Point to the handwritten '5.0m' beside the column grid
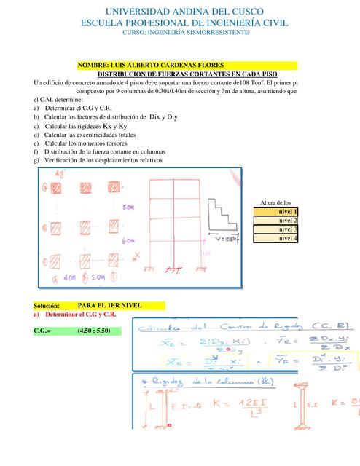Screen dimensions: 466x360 pyautogui.click(x=128, y=207)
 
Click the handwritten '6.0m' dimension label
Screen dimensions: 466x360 pyautogui.click(x=129, y=240)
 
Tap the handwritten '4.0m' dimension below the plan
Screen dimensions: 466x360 pyautogui.click(x=71, y=277)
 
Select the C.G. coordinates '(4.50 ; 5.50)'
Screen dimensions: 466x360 pyautogui.click(x=98, y=331)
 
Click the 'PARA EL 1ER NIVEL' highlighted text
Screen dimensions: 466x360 pyautogui.click(x=109, y=305)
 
